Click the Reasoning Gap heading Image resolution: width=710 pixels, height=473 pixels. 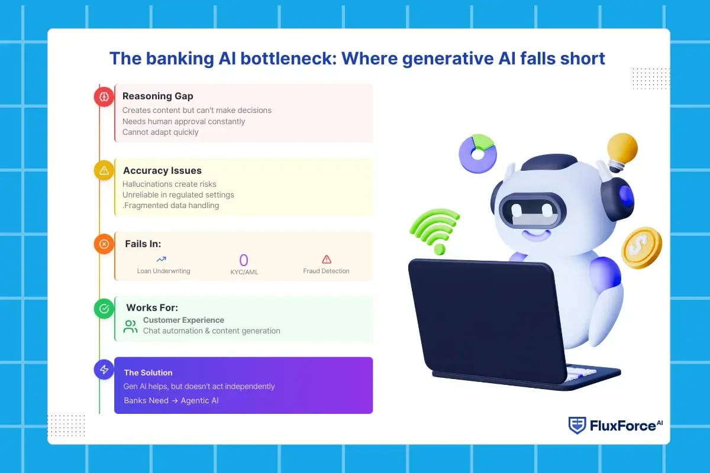157,96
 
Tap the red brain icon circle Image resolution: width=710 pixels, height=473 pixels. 104,96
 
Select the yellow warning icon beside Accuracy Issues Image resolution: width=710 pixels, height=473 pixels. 104,171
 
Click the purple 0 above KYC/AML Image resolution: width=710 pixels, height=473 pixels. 243,260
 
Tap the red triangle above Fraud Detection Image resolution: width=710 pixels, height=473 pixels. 327,259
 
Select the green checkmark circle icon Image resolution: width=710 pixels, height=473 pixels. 104,308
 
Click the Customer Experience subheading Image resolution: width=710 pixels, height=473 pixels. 183,320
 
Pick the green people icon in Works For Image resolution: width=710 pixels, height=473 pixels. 130,326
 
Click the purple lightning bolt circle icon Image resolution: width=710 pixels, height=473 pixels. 104,370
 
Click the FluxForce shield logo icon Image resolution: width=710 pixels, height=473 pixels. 577,425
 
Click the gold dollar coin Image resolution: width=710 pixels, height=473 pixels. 641,248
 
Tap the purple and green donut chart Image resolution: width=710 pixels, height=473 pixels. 477,154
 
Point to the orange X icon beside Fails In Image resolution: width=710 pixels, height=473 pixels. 104,244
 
